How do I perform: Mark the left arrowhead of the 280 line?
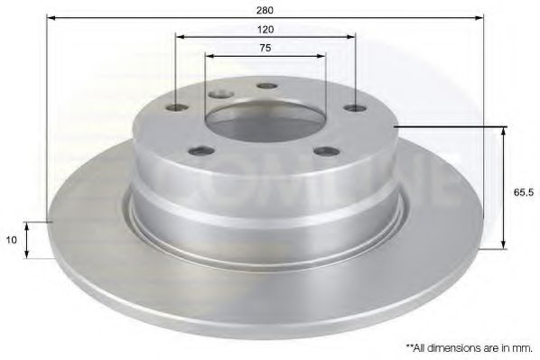tap(49, 18)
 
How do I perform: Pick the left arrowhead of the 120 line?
tap(179, 37)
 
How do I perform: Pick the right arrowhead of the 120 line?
tap(352, 37)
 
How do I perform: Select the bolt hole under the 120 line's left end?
tap(178, 109)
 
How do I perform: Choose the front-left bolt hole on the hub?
tap(197, 152)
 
